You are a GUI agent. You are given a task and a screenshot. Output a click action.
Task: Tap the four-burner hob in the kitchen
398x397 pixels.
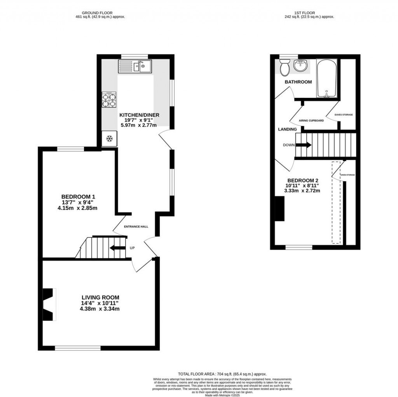tap(109, 99)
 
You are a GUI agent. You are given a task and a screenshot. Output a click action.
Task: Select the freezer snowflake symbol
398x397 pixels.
tap(109, 139)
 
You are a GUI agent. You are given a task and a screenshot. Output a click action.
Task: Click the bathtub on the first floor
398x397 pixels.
tap(326, 79)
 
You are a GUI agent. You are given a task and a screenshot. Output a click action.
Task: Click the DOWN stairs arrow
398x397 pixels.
tap(304, 145)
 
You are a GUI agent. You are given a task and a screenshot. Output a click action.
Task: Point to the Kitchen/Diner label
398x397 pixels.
tap(139, 115)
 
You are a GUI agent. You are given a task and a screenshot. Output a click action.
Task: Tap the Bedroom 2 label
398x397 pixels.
tap(303, 180)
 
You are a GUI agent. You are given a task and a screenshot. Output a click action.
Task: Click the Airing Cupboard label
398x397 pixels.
tap(311, 121)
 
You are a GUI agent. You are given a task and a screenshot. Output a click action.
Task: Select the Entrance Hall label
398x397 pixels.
tap(136, 227)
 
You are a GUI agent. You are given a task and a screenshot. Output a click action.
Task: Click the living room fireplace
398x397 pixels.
tap(49, 304)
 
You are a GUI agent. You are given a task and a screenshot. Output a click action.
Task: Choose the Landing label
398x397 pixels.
tap(287, 129)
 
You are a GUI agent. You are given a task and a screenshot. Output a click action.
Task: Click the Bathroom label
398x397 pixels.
tap(298, 82)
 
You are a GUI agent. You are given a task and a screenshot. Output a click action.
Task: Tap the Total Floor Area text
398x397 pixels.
tap(222, 373)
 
